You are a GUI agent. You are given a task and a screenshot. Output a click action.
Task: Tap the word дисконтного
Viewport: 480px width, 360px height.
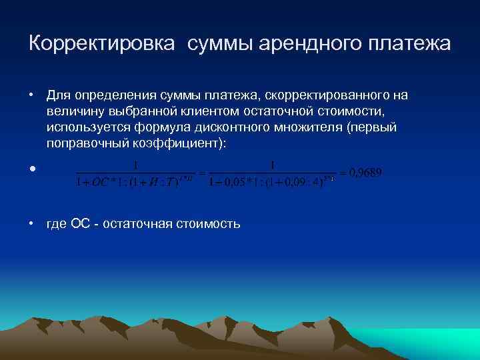(229, 126)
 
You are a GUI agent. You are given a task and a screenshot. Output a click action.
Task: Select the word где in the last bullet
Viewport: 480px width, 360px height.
(56, 224)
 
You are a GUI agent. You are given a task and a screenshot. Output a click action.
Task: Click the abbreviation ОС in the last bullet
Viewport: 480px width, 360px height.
(81, 224)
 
